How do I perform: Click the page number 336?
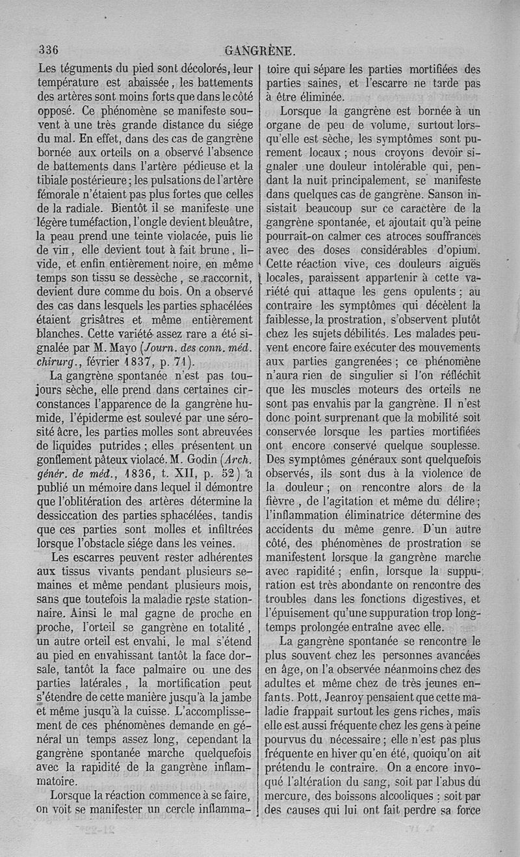pyautogui.click(x=49, y=50)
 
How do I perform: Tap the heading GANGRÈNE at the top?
pyautogui.click(x=259, y=51)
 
